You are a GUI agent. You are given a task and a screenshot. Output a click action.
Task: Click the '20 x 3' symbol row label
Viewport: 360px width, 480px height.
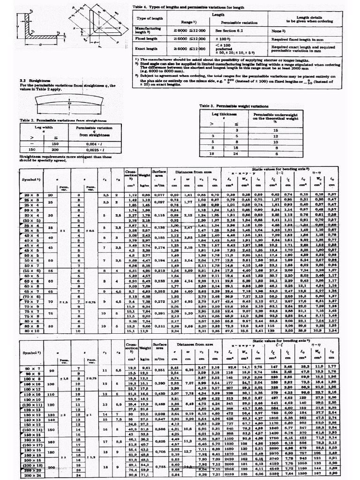[x=29, y=194]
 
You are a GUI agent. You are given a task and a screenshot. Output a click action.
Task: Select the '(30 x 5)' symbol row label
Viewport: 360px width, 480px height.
[x=29, y=220]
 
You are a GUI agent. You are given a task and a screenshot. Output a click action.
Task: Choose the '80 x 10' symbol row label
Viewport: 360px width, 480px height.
[x=29, y=330]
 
